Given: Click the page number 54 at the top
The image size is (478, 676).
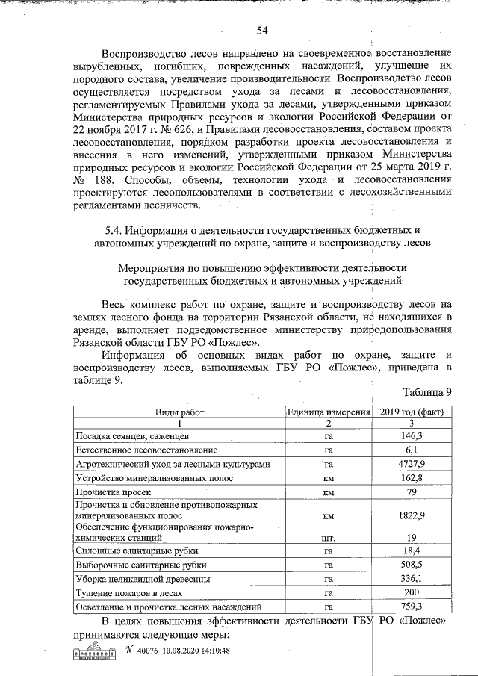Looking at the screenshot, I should point(262,30).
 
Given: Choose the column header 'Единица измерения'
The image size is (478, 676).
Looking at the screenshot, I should point(328,412).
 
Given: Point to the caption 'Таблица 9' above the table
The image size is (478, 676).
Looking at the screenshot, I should point(427,394).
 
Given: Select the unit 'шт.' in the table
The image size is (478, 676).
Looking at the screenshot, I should point(328,537).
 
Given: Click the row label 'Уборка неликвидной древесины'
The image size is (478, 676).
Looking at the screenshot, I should point(135,579).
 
